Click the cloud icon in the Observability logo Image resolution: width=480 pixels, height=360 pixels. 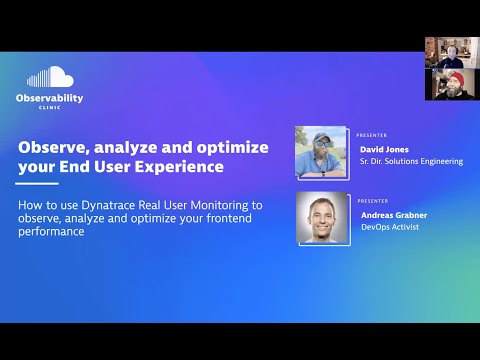[x=50, y=77]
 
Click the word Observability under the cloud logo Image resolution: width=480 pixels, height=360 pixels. [x=49, y=98]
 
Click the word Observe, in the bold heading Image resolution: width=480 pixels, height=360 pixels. [x=52, y=147]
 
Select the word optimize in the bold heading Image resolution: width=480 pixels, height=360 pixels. [x=231, y=147]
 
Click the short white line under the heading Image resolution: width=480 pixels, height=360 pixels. [x=38, y=184]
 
